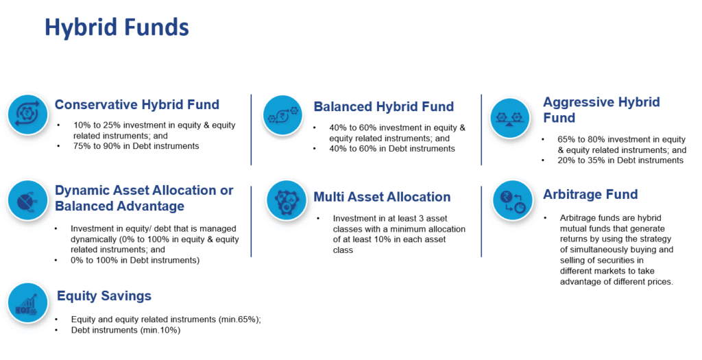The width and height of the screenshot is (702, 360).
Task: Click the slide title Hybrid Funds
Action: point(117,27)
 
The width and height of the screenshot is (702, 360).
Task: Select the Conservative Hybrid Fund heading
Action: point(137,105)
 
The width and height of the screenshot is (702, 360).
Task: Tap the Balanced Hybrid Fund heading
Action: point(384,106)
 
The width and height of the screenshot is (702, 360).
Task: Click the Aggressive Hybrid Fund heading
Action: point(601,110)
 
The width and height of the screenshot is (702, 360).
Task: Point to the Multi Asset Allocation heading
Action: point(382,197)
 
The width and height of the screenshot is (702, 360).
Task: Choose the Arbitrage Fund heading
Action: point(590,194)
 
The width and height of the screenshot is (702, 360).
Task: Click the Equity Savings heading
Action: point(104,296)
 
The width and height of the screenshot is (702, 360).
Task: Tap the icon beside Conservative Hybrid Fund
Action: point(27,115)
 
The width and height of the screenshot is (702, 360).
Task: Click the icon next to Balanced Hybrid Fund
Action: point(282,115)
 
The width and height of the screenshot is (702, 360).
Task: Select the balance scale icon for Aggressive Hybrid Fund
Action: point(509,118)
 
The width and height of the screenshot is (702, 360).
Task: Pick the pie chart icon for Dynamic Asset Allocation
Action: point(27,201)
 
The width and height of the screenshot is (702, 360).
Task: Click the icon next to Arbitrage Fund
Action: point(513,201)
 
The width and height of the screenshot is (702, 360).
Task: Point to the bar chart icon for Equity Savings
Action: point(27,303)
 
